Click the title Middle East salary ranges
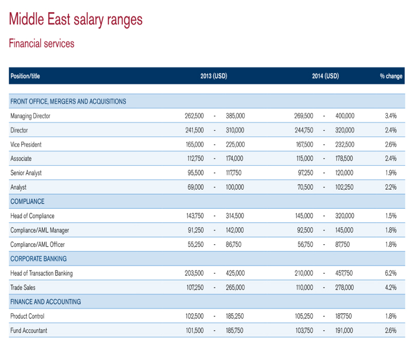76,20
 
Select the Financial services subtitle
42,44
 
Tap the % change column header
391,76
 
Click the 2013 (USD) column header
214,76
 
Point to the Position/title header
25,76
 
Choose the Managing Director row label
30,116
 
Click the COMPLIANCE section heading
27,202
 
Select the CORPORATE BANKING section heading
39,259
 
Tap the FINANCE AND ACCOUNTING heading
46,301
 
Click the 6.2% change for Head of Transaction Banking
390,273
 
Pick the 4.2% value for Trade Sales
390,287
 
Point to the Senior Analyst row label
26,173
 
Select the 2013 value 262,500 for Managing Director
194,116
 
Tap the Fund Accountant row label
29,331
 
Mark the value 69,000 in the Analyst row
196,188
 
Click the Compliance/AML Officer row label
38,245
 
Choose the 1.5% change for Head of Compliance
390,216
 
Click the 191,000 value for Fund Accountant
344,331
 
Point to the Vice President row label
26,145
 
